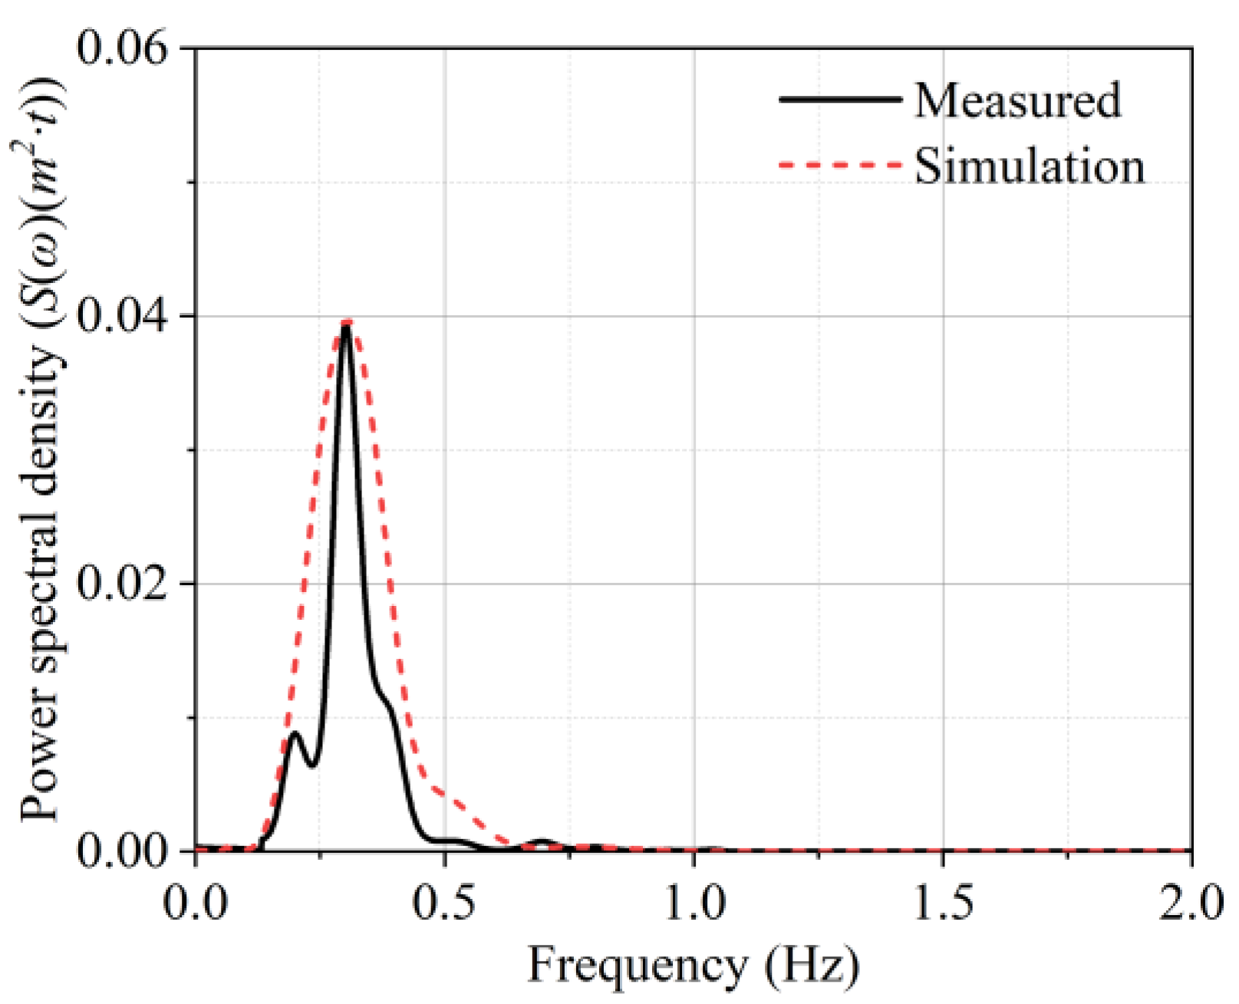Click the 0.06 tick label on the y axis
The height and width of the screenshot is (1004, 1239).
pyautogui.click(x=123, y=48)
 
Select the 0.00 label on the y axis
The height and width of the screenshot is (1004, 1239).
pyautogui.click(x=123, y=851)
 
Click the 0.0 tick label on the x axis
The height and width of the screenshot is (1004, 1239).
pyautogui.click(x=196, y=903)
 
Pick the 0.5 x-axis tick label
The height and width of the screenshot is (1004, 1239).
pyautogui.click(x=445, y=903)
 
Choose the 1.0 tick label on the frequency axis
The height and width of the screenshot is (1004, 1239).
pyautogui.click(x=694, y=903)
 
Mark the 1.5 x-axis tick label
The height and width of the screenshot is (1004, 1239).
pyautogui.click(x=943, y=903)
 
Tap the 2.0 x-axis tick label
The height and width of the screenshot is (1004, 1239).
pyautogui.click(x=1191, y=903)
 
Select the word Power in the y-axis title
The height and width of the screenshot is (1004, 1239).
pyautogui.click(x=40, y=759)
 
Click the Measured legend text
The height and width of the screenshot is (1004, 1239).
pyautogui.click(x=1017, y=100)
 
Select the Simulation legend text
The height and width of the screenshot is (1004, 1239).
pyautogui.click(x=1029, y=166)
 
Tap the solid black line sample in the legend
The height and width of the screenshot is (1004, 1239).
pyautogui.click(x=839, y=100)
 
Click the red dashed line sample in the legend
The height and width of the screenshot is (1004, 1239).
pyautogui.click(x=839, y=165)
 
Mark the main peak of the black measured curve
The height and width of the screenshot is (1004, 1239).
pyautogui.click(x=346, y=328)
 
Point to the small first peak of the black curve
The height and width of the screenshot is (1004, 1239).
pyautogui.click(x=295, y=733)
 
